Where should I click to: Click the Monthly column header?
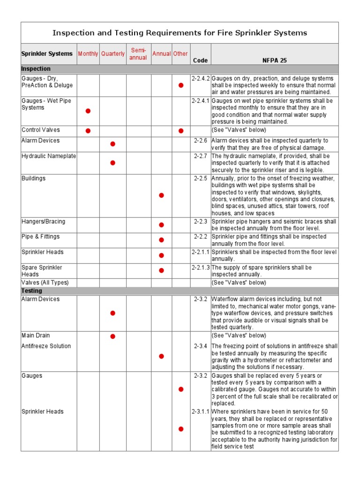[x=88, y=54]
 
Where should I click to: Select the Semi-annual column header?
[x=138, y=54]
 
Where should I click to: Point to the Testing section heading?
[x=32, y=291]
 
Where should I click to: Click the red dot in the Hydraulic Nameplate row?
[x=112, y=163]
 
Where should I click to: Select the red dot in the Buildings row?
[x=161, y=195]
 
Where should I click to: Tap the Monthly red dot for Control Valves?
[x=88, y=130]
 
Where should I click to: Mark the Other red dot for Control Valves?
[x=180, y=130]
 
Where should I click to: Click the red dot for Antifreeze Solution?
[x=161, y=356]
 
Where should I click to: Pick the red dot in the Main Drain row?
[x=112, y=336]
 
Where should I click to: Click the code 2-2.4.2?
[x=201, y=78]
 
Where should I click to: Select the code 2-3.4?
[x=201, y=346]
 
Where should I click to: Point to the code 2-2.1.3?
[x=201, y=267]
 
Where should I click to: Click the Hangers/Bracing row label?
[x=44, y=221]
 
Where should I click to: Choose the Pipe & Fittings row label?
[x=41, y=237]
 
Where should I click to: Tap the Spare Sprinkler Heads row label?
[x=42, y=270]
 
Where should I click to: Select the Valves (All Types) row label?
[x=45, y=283]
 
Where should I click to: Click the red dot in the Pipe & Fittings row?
[x=161, y=240]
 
